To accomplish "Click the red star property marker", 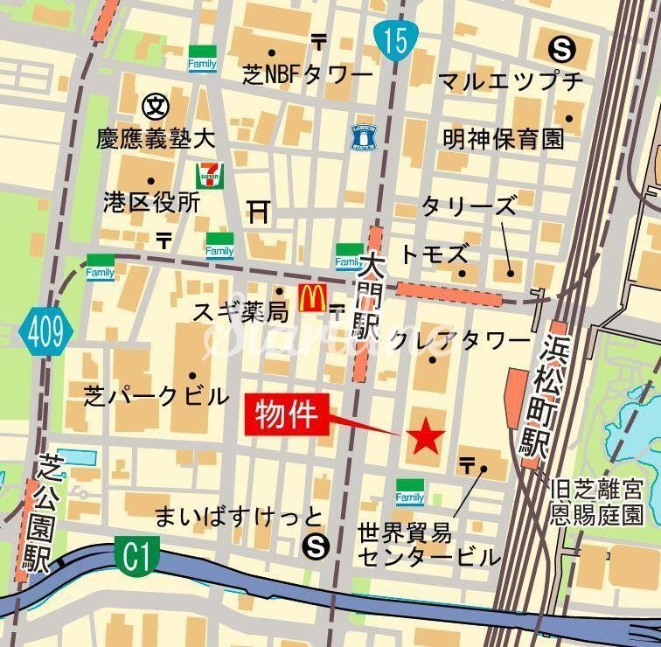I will point(427,435).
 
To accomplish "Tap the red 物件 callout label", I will point(290,414).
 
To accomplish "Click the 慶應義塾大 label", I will point(157,138).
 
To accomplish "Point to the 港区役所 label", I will point(151,203).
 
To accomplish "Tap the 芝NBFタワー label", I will point(308,76).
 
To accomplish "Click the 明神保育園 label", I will point(504,138).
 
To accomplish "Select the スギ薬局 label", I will point(228,310).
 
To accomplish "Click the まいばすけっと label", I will point(239,517).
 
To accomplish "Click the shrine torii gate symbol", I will point(257,211).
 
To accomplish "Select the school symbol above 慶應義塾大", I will point(154,106).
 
